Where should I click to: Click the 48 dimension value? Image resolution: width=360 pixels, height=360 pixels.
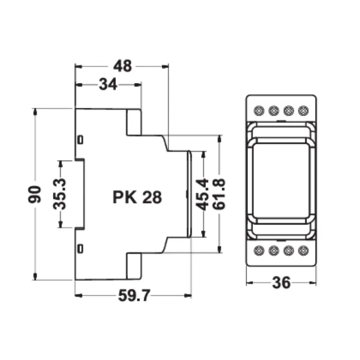tap(123, 66)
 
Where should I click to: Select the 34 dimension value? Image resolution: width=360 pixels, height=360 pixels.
tap(108, 84)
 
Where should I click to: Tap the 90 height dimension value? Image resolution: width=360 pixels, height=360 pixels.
tap(35, 194)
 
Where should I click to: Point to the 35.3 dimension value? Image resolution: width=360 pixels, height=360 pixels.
tap(60, 194)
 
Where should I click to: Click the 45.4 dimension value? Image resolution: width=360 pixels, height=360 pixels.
tap(202, 195)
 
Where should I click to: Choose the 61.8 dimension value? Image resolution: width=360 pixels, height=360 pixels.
tap(218, 194)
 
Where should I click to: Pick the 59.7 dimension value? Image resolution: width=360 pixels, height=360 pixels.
tap(134, 295)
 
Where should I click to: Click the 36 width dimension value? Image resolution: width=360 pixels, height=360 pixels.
tap(281, 283)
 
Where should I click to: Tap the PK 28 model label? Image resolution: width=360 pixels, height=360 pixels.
tap(137, 197)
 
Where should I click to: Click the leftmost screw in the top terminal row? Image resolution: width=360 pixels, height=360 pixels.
tap(259, 111)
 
